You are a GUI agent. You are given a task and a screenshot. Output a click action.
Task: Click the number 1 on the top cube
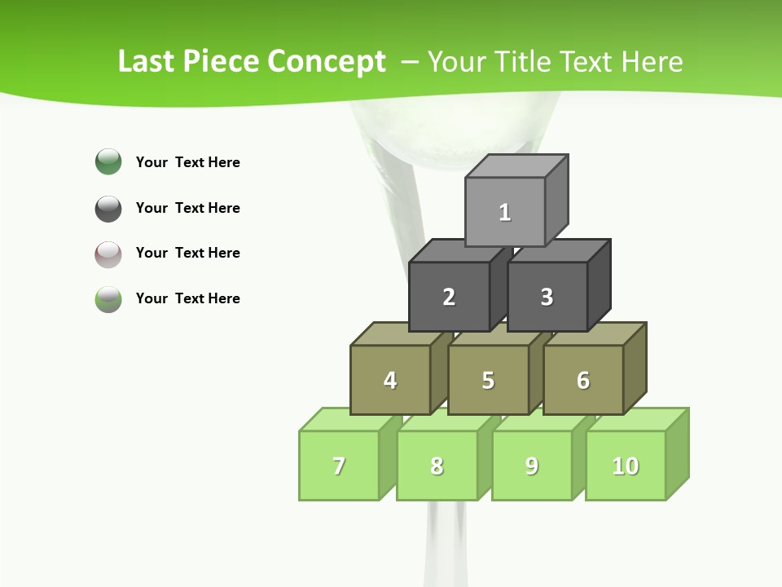(505, 213)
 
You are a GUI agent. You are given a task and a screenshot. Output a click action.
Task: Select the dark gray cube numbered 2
(449, 297)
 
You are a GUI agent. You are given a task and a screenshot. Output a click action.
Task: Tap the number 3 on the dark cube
(547, 297)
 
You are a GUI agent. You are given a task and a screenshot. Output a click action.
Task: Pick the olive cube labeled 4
(390, 380)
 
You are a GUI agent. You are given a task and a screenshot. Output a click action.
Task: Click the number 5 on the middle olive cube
(488, 380)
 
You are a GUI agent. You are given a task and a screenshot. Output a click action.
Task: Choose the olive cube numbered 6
(583, 380)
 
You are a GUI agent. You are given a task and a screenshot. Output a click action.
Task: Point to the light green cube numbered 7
(339, 466)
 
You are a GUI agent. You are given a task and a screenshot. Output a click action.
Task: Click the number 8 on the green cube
(437, 466)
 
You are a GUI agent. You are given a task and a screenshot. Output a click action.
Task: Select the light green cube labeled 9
(532, 466)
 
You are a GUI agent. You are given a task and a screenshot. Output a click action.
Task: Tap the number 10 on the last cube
(626, 466)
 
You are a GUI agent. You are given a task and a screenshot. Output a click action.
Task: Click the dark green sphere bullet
(108, 161)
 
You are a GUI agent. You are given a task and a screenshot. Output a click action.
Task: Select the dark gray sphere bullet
(108, 208)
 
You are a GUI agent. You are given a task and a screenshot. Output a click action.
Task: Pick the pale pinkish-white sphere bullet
(108, 254)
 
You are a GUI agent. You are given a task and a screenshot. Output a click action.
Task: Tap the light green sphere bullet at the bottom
(108, 298)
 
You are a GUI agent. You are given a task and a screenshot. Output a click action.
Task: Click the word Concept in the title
(327, 62)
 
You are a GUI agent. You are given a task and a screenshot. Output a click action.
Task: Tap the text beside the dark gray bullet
(187, 208)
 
